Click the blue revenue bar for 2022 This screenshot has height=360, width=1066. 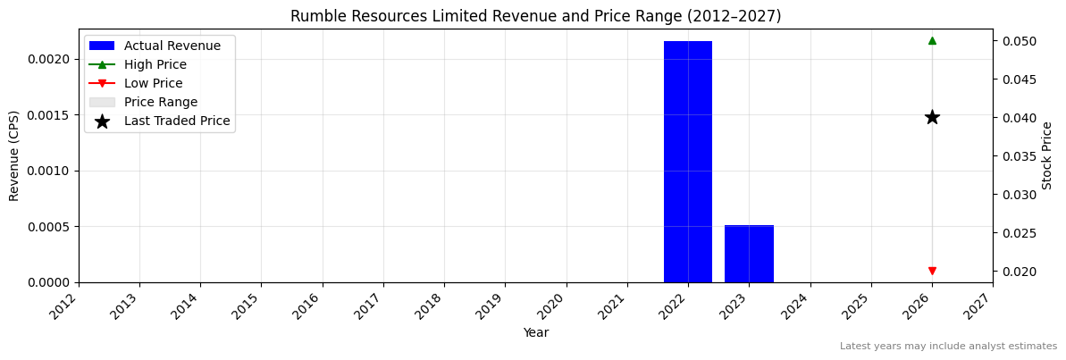(x=688, y=162)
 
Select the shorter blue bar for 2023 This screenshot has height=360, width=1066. (x=749, y=254)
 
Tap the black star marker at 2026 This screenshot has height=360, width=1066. (x=932, y=117)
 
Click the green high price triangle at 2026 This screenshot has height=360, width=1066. (x=932, y=40)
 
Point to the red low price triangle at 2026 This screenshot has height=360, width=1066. (x=932, y=271)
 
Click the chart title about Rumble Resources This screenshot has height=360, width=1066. (x=535, y=16)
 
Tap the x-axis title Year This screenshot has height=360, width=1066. (x=535, y=332)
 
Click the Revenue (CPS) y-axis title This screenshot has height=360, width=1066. (x=14, y=155)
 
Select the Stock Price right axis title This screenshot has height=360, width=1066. (x=1047, y=155)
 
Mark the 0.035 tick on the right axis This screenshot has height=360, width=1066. (x=1018, y=156)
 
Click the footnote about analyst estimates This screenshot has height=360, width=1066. (x=948, y=347)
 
